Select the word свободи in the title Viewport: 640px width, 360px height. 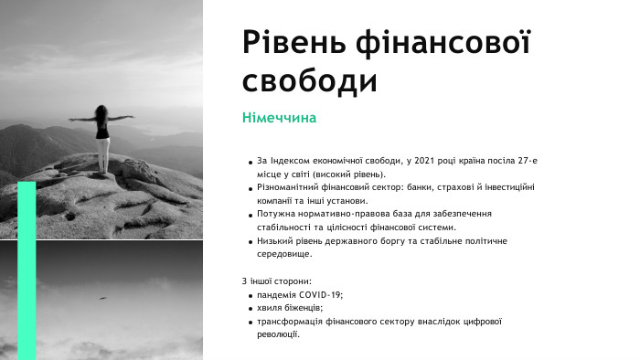point(310,80)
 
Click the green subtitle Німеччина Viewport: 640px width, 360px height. point(279,119)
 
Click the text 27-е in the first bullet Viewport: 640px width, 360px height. point(522,161)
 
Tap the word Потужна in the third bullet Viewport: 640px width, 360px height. point(277,214)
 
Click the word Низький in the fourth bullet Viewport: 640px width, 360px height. point(276,240)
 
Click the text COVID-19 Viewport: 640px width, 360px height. point(319,294)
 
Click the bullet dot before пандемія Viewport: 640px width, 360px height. point(251,295)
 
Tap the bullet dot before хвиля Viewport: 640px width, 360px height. point(251,309)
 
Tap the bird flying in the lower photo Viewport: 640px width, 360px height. point(102,297)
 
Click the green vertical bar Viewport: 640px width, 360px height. point(27,270)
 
